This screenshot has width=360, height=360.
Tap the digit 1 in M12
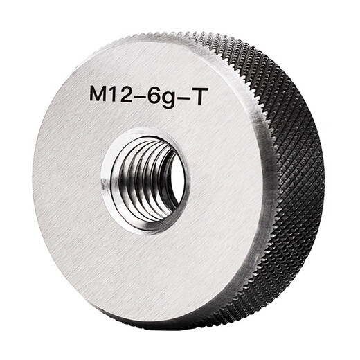tap(119, 96)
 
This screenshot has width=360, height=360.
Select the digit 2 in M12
tap(133, 96)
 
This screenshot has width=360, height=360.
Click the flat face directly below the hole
tap(149, 263)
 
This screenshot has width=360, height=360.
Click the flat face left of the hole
tap(66, 180)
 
